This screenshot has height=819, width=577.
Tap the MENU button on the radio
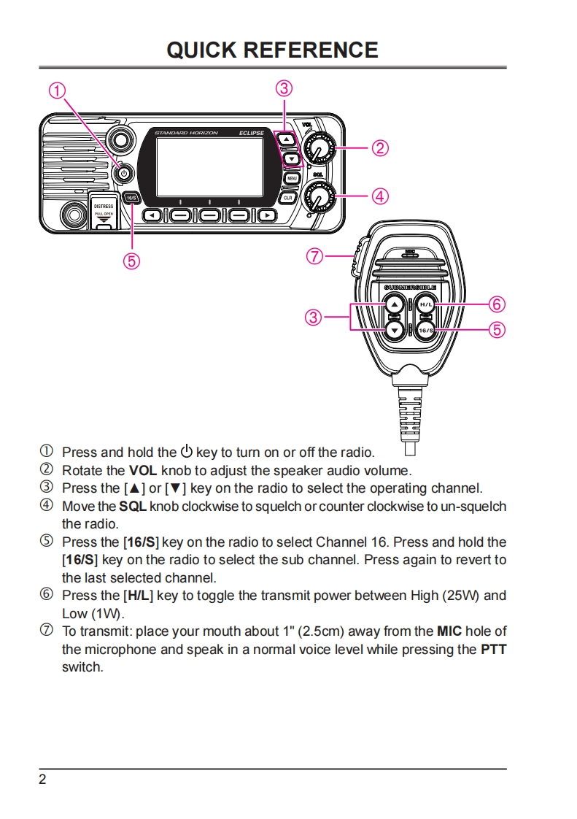(291, 178)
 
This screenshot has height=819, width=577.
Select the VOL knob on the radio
(318, 149)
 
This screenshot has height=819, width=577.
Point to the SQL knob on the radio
(319, 196)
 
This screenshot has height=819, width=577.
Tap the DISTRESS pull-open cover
(104, 210)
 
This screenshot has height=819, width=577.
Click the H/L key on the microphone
(426, 304)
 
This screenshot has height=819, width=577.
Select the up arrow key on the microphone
(394, 304)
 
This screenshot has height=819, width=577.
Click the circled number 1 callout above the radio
(57, 91)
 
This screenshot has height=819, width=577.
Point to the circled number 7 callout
(314, 256)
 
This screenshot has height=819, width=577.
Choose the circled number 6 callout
(497, 304)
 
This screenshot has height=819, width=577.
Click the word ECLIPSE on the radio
(252, 134)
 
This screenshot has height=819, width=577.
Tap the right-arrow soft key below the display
(268, 215)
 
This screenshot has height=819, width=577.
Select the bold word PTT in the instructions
(494, 649)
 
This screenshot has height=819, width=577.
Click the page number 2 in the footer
(42, 780)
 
